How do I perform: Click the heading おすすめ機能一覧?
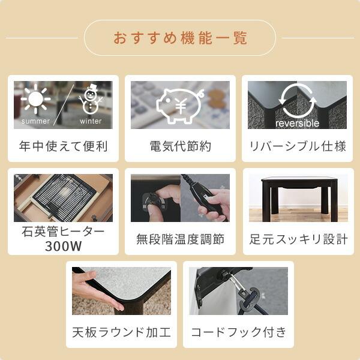click(x=180, y=38)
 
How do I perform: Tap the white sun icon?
click(x=35, y=100)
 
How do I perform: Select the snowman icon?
click(x=91, y=99)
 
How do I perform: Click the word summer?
click(x=36, y=121)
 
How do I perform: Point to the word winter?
click(x=91, y=121)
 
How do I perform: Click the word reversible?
click(x=298, y=123)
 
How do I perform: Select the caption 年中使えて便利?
click(x=63, y=146)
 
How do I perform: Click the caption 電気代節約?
click(x=180, y=146)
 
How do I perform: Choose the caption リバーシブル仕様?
click(x=298, y=146)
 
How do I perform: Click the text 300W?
click(x=63, y=247)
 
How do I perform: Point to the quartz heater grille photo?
click(x=63, y=199)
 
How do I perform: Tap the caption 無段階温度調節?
click(x=180, y=239)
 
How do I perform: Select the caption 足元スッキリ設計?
click(x=298, y=239)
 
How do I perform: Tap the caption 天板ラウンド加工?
click(x=121, y=332)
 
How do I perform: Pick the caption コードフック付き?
click(x=238, y=332)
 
